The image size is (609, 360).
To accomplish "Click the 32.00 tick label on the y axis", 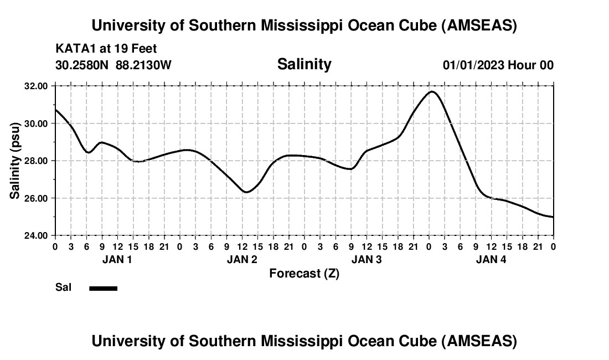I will tap(37, 86).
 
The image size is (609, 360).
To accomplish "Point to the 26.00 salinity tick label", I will tap(37, 198).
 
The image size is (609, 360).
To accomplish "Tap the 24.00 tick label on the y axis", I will tap(37, 235).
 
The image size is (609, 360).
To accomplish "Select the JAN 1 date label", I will tap(117, 259).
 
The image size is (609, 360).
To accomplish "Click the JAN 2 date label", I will tap(241, 259).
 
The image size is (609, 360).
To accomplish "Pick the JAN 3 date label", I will tap(367, 259).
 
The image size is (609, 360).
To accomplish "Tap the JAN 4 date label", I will tap(491, 259).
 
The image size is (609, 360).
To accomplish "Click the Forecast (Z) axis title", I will tap(304, 273).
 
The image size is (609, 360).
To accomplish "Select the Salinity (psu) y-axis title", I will tap(16, 161).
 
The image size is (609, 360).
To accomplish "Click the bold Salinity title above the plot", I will tap(304, 64).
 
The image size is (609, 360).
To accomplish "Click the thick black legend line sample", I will tap(104, 288).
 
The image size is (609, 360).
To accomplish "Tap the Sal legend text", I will tap(63, 287).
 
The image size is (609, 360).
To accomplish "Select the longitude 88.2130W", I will tap(143, 65).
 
